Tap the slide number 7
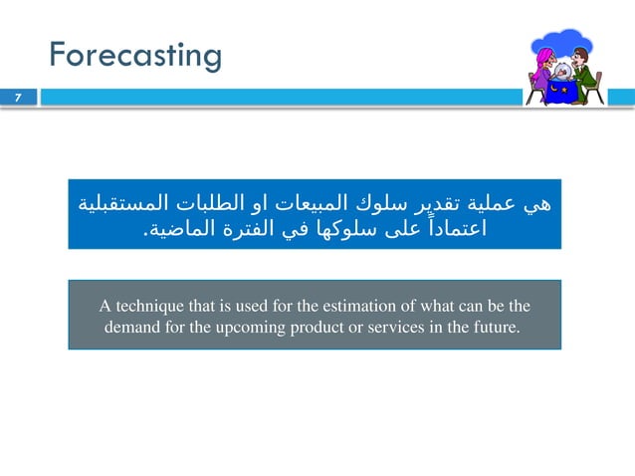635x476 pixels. coord(17,98)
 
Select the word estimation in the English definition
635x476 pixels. coord(358,305)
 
